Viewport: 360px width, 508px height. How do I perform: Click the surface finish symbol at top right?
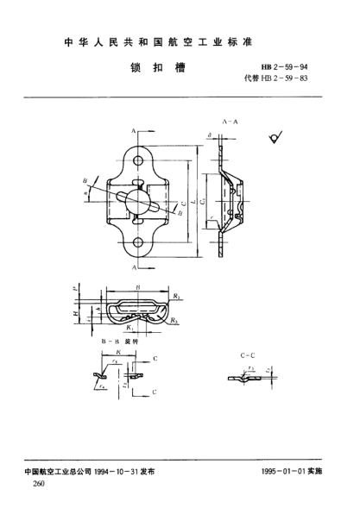click(276, 135)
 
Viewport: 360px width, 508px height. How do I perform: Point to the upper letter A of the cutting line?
click(136, 129)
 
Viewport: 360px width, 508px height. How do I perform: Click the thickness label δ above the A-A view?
click(210, 135)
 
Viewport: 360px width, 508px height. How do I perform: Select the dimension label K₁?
click(129, 328)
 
